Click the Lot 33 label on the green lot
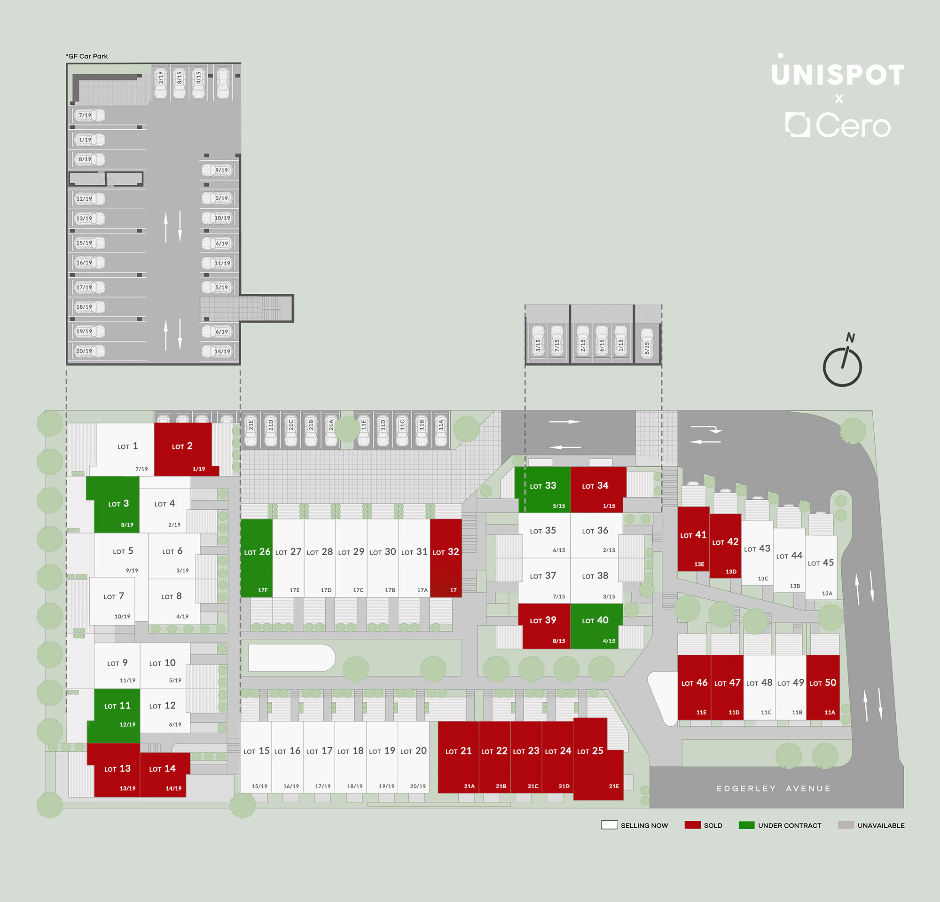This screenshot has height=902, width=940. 543,486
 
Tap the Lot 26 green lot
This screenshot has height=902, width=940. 257,557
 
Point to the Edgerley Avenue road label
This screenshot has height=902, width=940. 774,788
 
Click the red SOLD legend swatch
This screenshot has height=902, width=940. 692,825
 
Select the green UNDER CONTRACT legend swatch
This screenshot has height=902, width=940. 747,825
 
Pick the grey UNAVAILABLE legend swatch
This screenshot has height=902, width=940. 846,825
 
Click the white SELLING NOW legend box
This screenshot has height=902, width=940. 609,825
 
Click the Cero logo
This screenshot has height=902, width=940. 838,125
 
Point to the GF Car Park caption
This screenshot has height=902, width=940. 87,56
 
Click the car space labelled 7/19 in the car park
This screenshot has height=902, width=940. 89,115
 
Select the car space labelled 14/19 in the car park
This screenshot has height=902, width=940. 219,351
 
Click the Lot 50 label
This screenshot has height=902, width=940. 823,682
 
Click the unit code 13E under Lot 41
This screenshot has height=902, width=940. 699,565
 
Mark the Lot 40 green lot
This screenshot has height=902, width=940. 596,626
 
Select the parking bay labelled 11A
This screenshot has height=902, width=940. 441,430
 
